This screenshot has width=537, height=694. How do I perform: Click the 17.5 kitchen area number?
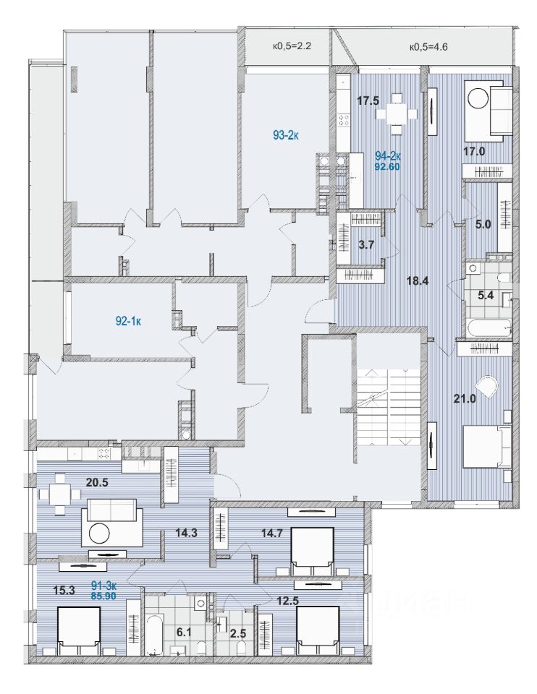368,101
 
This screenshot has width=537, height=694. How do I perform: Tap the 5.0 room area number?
483,224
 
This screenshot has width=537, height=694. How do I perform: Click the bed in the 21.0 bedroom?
486,446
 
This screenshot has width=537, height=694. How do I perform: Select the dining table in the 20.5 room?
61,495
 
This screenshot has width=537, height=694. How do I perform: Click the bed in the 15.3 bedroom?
78,630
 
